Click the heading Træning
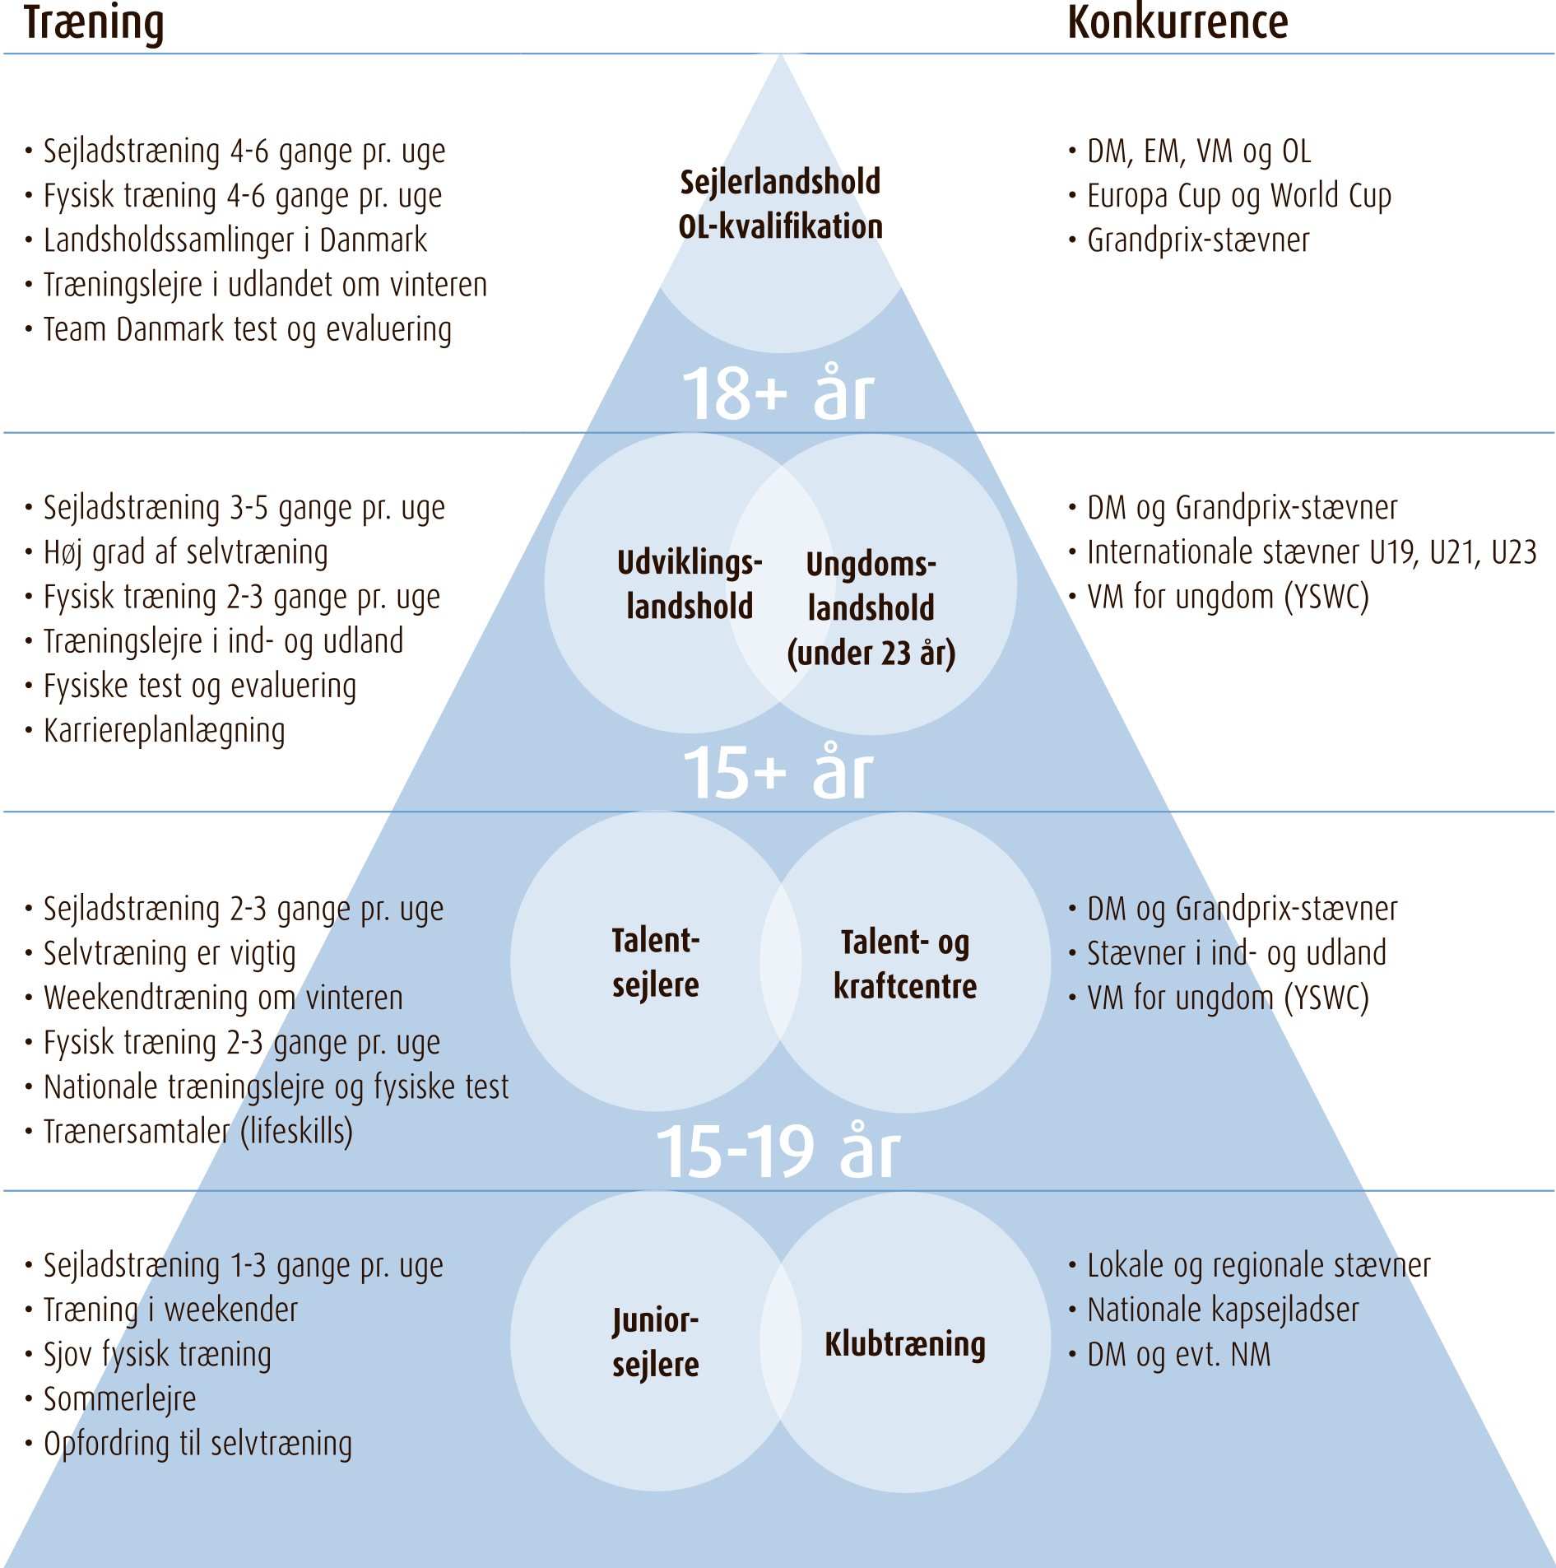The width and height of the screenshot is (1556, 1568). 94,23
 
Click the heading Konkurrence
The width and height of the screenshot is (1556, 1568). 1177,23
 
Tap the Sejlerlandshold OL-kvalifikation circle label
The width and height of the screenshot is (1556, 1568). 780,204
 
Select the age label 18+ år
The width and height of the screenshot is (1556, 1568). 778,393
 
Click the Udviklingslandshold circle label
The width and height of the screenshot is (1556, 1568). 690,584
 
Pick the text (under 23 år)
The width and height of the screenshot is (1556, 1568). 871,654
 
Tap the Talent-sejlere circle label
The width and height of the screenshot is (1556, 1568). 656,962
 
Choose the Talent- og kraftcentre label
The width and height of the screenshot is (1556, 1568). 905,964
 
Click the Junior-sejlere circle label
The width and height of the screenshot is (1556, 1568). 656,1342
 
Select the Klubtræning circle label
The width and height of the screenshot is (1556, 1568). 905,1343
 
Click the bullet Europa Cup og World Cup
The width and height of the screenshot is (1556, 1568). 1238,196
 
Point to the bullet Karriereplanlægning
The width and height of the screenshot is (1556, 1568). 164,731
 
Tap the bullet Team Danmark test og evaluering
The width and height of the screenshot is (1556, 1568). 247,329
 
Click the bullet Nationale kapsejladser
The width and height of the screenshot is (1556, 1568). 1223,1310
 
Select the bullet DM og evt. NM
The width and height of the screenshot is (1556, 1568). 1178,1354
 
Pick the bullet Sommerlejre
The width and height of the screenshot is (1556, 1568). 119,1398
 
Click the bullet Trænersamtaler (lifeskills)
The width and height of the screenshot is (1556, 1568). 197,1132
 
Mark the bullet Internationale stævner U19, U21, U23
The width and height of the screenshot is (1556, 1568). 1312,551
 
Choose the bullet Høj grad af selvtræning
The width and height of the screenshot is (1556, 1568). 185,552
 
